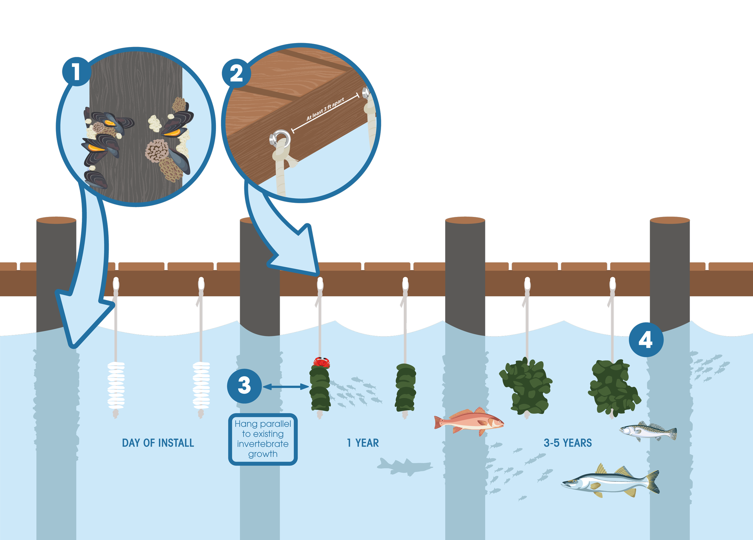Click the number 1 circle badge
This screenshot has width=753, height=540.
77,72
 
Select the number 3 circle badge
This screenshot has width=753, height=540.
244,386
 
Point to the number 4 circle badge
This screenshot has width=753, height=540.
646,340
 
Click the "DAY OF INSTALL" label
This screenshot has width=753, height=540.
158,443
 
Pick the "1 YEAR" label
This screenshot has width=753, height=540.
363,443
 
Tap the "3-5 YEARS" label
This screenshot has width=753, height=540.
567,443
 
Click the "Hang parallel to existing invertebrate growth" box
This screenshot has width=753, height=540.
263,439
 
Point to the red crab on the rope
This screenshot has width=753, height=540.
321,362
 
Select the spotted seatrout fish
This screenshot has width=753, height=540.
648,431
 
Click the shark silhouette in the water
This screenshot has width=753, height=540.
405,466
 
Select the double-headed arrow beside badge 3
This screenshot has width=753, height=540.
286,387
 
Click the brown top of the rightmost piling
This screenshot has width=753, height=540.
670,220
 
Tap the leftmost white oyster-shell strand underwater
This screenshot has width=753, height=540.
116,385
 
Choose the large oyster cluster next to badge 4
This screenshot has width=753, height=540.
614,387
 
